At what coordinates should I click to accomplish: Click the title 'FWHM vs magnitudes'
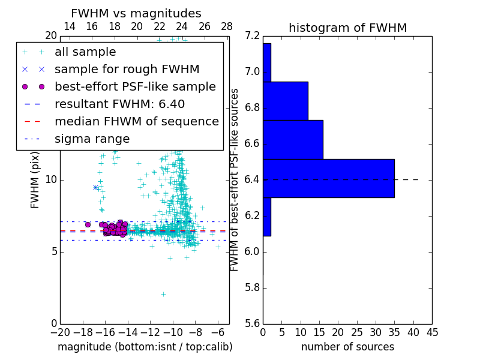click(136, 14)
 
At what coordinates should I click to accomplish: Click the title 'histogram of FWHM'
click(347, 28)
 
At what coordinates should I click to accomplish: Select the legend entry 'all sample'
click(85, 52)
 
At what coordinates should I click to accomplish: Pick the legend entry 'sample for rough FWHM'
click(127, 70)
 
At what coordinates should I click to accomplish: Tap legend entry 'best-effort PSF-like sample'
click(135, 87)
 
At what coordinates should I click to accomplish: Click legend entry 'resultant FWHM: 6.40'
click(119, 104)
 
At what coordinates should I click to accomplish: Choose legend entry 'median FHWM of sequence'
click(136, 122)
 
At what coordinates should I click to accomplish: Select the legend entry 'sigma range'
click(92, 139)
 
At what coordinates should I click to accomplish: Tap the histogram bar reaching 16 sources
click(293, 139)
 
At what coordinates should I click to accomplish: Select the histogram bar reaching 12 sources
click(285, 101)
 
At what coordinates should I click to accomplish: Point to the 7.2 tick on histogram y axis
click(253, 37)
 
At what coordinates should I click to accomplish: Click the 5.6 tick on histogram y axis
click(253, 323)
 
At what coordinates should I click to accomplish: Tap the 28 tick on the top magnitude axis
click(227, 26)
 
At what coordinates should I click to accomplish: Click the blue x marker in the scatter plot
click(95, 187)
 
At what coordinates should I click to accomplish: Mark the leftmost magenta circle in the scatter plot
click(88, 224)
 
